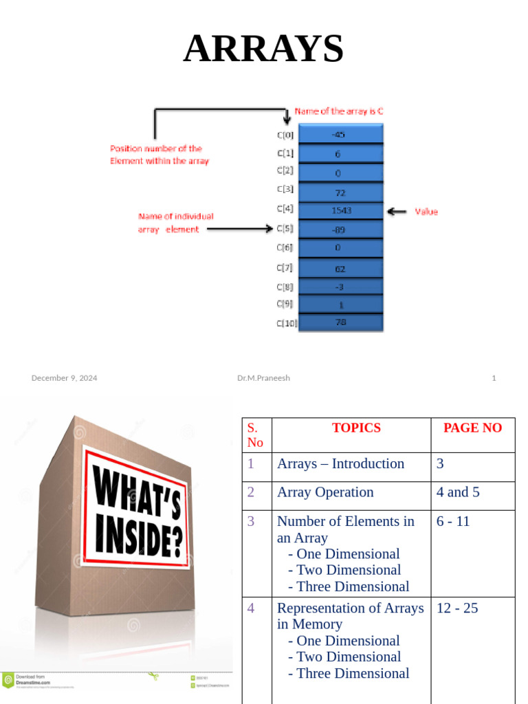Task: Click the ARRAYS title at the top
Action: click(x=263, y=49)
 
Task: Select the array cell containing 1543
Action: click(x=341, y=212)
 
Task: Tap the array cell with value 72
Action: click(x=341, y=192)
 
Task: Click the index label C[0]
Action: click(x=285, y=135)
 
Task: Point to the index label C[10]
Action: click(x=286, y=322)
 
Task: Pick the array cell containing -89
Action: click(x=341, y=230)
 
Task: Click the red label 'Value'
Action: click(x=426, y=212)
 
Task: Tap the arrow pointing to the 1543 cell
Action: click(x=397, y=212)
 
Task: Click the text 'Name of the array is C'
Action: click(x=339, y=111)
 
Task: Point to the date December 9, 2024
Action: click(x=64, y=377)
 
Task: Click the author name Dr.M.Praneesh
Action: click(x=263, y=377)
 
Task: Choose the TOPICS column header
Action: click(x=356, y=428)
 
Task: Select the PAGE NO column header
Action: click(x=472, y=428)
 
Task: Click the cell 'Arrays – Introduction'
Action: click(x=340, y=463)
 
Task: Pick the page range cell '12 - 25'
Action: click(x=457, y=608)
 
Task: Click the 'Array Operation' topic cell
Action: click(x=325, y=492)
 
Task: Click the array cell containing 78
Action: click(x=341, y=321)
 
